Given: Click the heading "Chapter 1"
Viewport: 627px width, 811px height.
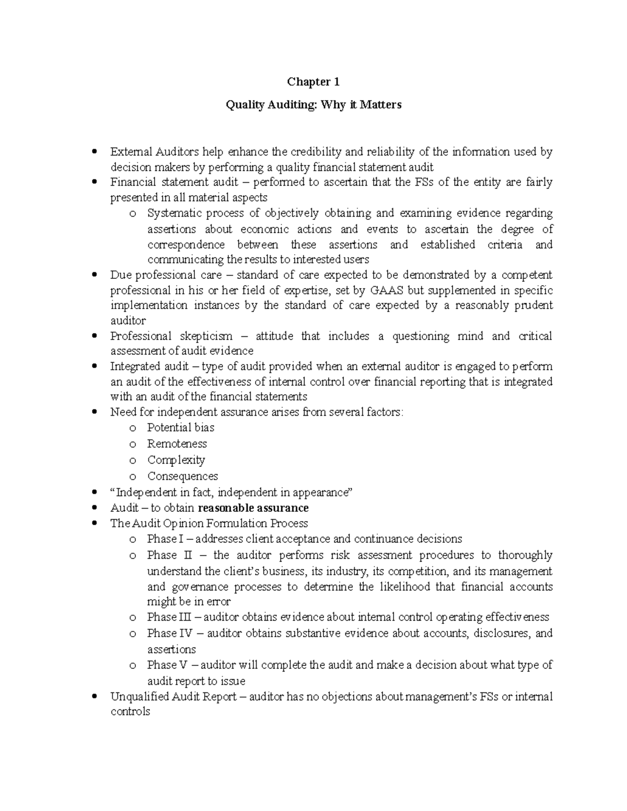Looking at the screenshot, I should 313,82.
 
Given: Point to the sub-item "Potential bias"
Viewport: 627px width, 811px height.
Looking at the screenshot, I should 181,428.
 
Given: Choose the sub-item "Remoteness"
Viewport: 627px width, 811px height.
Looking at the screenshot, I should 177,444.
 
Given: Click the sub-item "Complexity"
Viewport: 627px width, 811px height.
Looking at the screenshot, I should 176,460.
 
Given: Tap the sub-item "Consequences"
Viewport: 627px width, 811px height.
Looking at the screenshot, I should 182,476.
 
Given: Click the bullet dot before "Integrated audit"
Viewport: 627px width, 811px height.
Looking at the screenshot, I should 94,367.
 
